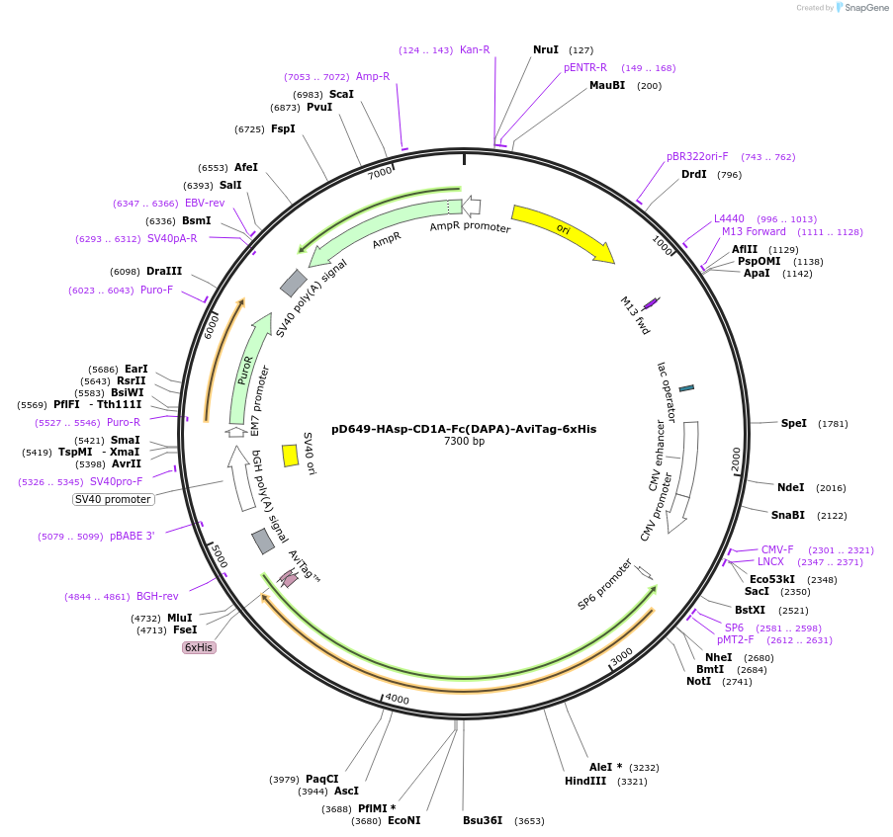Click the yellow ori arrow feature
562,233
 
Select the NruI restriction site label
546,49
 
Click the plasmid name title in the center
464,429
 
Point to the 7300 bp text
464,442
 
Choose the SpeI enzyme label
794,423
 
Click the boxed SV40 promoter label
113,499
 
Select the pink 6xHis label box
198,647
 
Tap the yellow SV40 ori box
290,455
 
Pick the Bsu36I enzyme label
483,820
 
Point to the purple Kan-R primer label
475,49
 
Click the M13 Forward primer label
754,231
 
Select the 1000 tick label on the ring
661,242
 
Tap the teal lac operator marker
686,387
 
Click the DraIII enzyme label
164,271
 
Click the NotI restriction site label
698,681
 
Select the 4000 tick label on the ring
397,699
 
